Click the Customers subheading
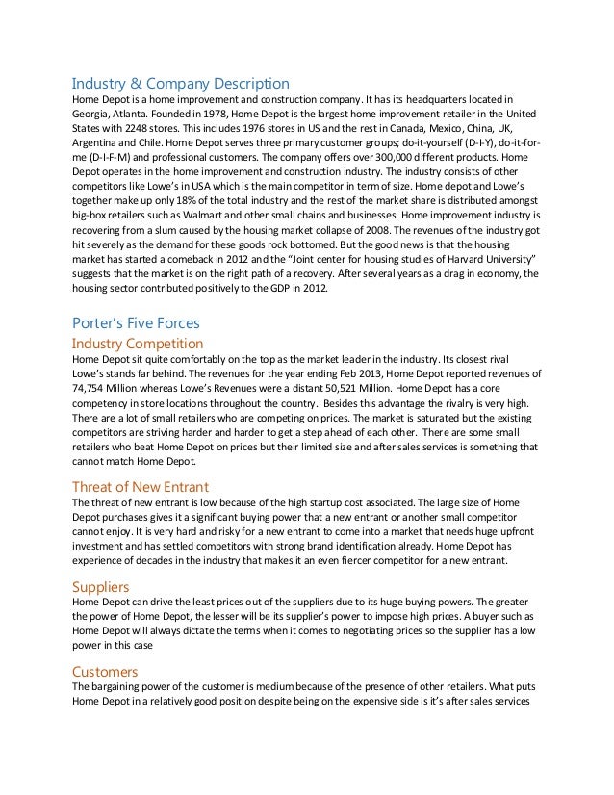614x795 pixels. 111,670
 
